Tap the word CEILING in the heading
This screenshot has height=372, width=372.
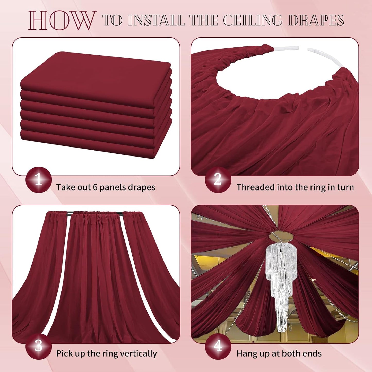pyautogui.click(x=253, y=21)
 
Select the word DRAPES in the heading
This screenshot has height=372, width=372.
pyautogui.click(x=316, y=21)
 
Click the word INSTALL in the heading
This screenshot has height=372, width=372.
pyautogui.click(x=156, y=21)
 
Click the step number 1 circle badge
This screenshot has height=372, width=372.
pyautogui.click(x=39, y=179)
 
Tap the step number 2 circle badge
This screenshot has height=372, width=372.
pyautogui.click(x=218, y=179)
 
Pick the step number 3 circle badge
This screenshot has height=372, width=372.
pyautogui.click(x=39, y=346)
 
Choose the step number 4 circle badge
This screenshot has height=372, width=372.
pyautogui.click(x=218, y=346)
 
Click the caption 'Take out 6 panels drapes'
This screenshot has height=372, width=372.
pyautogui.click(x=106, y=187)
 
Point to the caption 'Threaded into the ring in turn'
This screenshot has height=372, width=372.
pyautogui.click(x=295, y=187)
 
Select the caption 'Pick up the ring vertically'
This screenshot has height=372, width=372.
pyautogui.click(x=106, y=353)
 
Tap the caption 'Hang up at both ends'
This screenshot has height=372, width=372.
pyautogui.click(x=279, y=353)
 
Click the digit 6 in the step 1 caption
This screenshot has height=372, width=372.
pyautogui.click(x=95, y=187)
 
